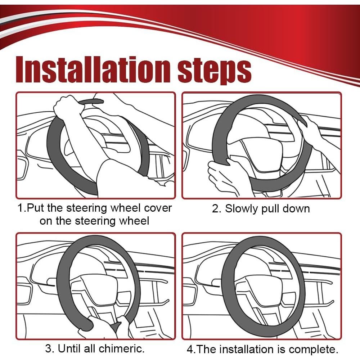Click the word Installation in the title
pos(93,69)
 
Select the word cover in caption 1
pos(158,208)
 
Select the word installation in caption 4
pos(246,349)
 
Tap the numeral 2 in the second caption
pos(216,209)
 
